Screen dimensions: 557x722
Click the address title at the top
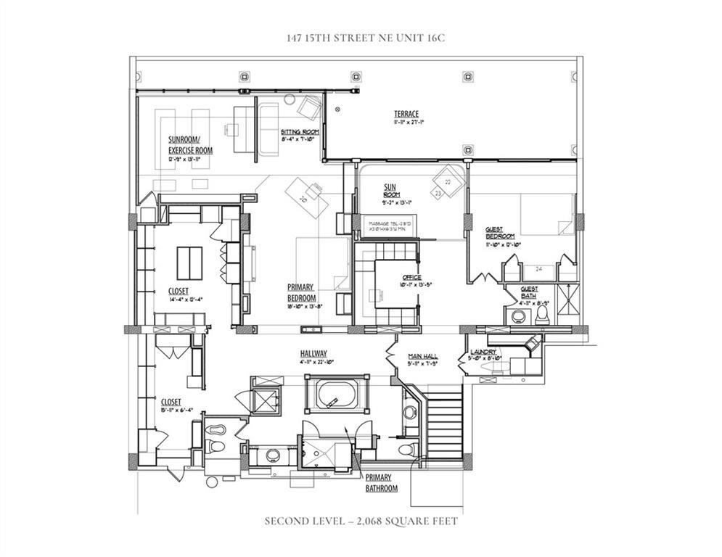[x=361, y=38]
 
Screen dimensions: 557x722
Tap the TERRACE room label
[x=406, y=114]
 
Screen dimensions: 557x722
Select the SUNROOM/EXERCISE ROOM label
[x=190, y=144]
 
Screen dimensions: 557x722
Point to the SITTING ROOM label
[x=300, y=132]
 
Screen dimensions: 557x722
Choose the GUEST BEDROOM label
[x=500, y=233]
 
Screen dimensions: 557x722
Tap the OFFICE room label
[x=411, y=277]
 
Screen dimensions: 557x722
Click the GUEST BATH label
[x=529, y=292]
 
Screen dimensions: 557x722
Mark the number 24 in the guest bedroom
[x=538, y=269]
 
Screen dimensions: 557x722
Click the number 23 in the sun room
[x=438, y=194]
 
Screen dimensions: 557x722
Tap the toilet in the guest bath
[x=541, y=316]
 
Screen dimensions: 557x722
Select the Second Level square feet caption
[x=361, y=521]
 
